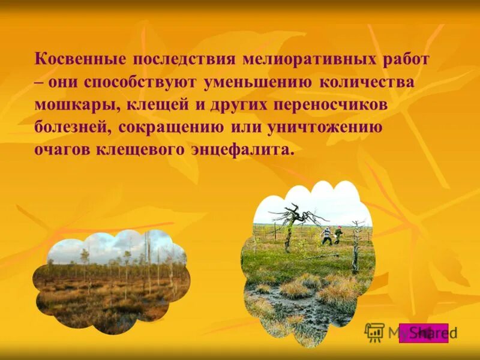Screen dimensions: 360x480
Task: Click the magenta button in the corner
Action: pyautogui.click(x=424, y=332)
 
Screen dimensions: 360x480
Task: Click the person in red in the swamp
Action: pyautogui.click(x=338, y=234)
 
